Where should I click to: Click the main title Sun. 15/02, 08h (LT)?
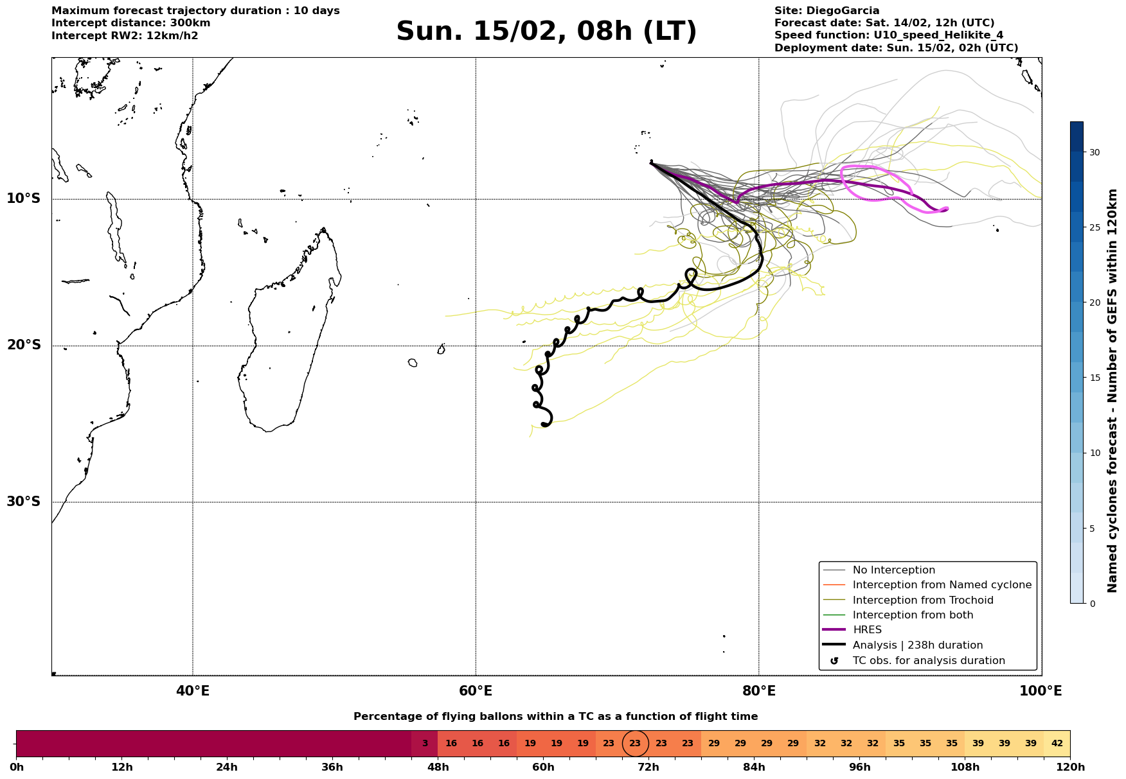pyautogui.click(x=546, y=31)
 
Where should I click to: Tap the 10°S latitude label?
pyautogui.click(x=24, y=198)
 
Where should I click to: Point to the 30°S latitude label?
pyautogui.click(x=24, y=502)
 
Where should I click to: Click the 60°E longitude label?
pyautogui.click(x=476, y=691)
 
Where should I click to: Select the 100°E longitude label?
pyautogui.click(x=1041, y=691)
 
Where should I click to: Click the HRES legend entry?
pyautogui.click(x=867, y=630)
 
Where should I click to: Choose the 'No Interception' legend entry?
pyautogui.click(x=893, y=570)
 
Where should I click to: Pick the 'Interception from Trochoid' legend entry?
pyautogui.click(x=922, y=600)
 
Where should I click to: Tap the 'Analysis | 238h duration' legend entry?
pyautogui.click(x=917, y=645)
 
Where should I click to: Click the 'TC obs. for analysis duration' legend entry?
pyautogui.click(x=928, y=661)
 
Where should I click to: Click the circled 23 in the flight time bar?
pyautogui.click(x=635, y=744)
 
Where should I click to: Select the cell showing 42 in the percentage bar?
pyautogui.click(x=1057, y=744)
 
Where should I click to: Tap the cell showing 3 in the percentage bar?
pyautogui.click(x=425, y=744)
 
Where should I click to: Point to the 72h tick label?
pyautogui.click(x=648, y=767)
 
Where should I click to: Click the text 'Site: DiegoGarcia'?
pyautogui.click(x=827, y=11)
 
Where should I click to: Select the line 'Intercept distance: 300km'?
pyautogui.click(x=130, y=23)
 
